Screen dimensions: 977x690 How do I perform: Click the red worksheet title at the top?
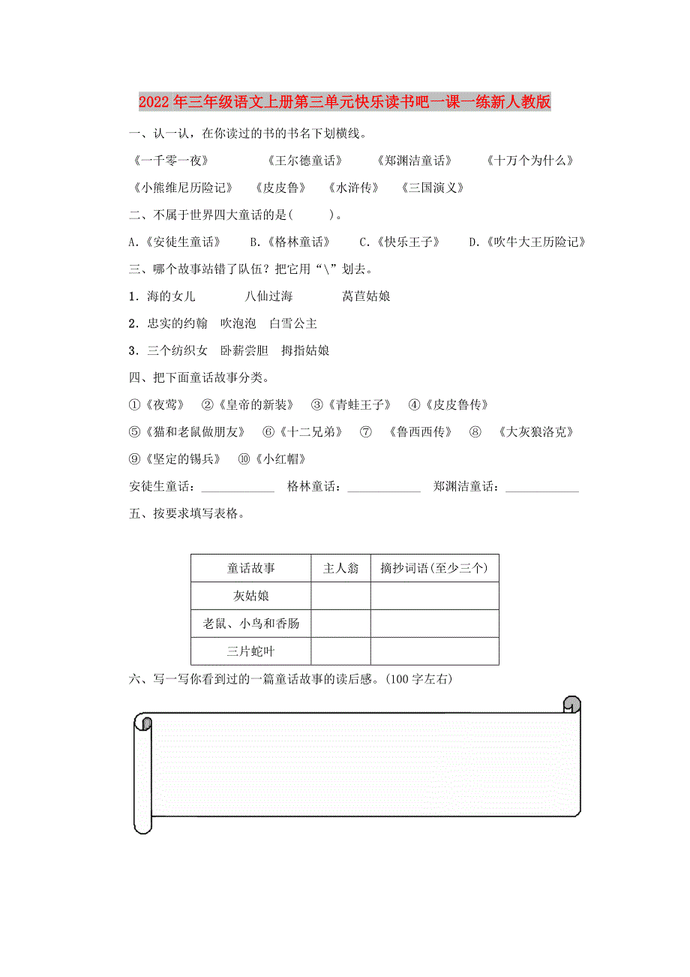pos(345,102)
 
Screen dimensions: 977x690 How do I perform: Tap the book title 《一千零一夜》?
pos(169,161)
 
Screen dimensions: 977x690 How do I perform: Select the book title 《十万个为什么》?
pos(529,161)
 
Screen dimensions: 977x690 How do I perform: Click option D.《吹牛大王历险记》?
pos(526,242)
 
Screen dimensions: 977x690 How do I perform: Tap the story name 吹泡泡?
pos(238,323)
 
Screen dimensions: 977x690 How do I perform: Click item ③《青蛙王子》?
pos(351,405)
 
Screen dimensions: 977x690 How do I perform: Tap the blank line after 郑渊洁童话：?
pos(542,488)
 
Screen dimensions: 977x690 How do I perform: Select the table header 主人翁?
pos(340,568)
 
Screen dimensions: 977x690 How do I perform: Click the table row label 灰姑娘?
pos(251,596)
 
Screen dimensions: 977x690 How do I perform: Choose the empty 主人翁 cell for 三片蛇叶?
pos(340,651)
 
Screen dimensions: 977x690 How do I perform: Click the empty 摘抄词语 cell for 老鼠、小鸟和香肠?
pos(434,624)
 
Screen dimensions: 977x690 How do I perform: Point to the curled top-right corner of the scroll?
pos(571,705)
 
